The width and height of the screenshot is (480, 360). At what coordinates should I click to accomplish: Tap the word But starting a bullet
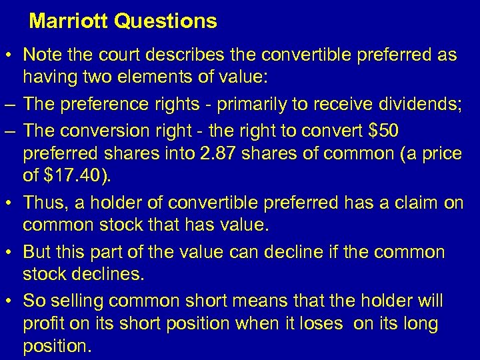(x=38, y=251)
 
